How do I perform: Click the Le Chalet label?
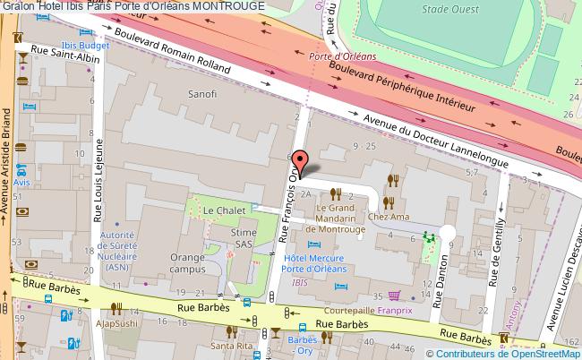(x=219, y=210)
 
